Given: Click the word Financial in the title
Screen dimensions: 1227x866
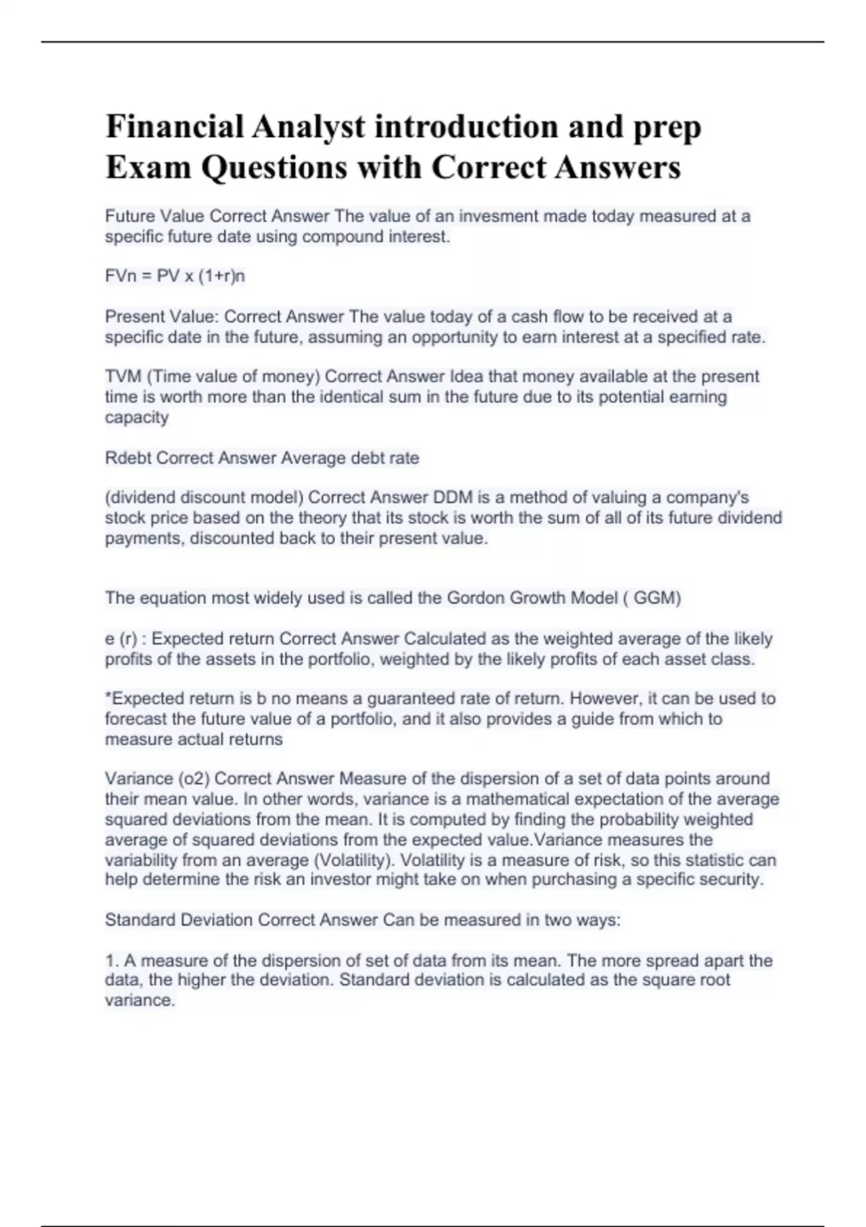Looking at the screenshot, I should tap(175, 127).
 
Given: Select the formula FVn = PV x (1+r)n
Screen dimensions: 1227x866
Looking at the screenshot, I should tap(175, 276).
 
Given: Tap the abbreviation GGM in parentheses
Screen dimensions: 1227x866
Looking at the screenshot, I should tap(656, 598).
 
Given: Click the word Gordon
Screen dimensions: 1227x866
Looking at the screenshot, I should tap(476, 598).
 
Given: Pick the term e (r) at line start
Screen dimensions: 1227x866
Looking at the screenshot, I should tap(121, 639).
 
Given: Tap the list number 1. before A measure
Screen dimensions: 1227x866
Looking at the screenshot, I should tap(111, 961).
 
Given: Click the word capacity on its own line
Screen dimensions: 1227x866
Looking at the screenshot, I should tap(136, 418).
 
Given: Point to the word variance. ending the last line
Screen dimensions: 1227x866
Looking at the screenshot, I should tap(140, 1001).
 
